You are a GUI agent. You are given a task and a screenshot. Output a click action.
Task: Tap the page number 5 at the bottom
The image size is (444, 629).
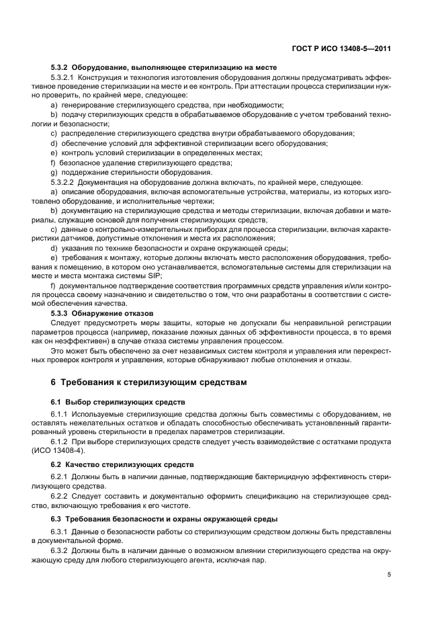390,574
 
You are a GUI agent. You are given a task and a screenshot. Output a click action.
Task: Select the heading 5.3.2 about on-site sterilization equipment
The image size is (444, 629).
163,68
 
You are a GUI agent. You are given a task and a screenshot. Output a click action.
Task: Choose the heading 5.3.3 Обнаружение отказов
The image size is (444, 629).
101,313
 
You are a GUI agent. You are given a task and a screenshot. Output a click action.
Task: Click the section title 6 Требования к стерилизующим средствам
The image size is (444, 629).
148,382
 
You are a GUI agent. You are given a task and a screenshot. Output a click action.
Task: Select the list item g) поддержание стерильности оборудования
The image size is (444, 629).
122,173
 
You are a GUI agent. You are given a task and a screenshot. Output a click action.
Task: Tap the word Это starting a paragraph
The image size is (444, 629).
58,350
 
